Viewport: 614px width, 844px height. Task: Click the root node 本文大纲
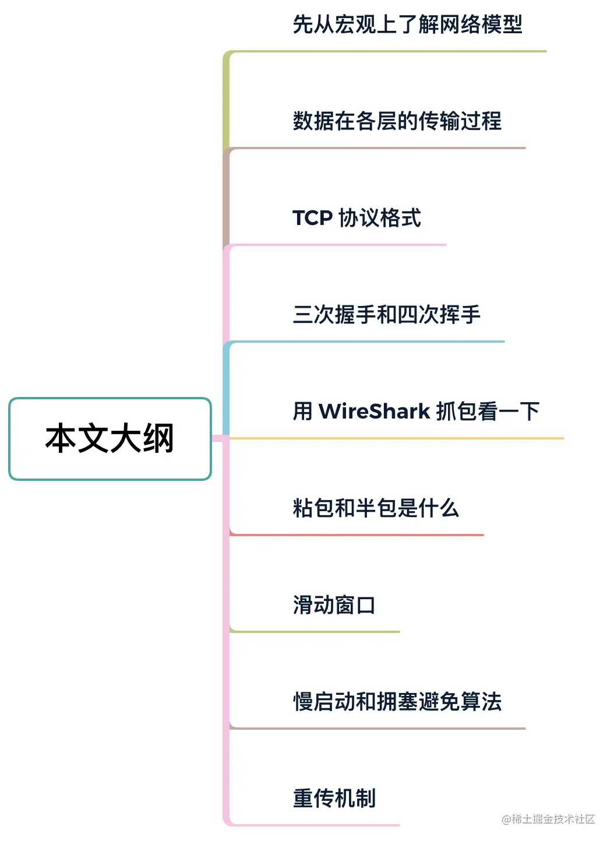tap(110, 439)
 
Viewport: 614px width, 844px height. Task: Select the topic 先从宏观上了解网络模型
tap(407, 24)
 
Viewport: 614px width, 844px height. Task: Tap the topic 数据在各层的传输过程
tap(397, 121)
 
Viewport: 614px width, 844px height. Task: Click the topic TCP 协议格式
tap(357, 218)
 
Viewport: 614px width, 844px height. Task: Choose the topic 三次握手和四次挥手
tap(386, 315)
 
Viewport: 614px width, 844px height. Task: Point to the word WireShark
tap(374, 412)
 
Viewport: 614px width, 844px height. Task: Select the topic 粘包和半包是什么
tap(376, 508)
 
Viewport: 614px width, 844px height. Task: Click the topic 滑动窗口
tap(334, 605)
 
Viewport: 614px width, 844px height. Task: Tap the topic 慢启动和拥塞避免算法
tap(397, 702)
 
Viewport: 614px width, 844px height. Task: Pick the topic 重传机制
tap(334, 799)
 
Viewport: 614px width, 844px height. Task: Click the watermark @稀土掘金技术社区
tap(548, 820)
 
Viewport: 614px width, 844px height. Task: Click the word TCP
tap(312, 218)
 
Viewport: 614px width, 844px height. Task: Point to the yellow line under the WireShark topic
tap(396, 438)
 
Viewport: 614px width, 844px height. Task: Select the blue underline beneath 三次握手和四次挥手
tap(367, 342)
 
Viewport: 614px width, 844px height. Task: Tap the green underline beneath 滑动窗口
tap(315, 631)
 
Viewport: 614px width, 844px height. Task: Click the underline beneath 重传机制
tap(315, 825)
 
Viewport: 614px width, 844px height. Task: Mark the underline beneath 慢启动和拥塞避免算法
tap(379, 728)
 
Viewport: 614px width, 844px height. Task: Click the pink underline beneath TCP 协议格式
tap(338, 245)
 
